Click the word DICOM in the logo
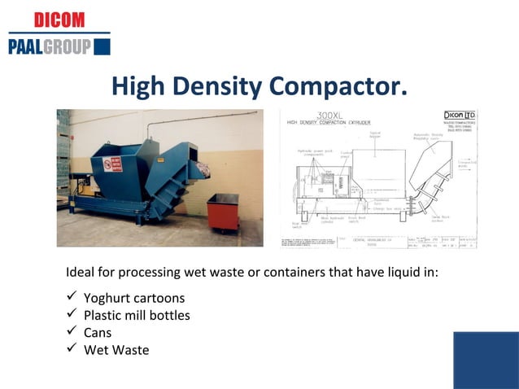coord(59,20)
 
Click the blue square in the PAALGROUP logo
coord(102,46)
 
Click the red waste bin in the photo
coord(222,212)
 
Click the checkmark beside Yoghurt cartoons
coord(71,297)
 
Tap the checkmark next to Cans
coord(71,332)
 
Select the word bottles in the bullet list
coord(169,315)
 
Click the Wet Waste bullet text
coord(116,350)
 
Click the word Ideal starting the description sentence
coord(80,272)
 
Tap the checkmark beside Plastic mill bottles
coord(71,314)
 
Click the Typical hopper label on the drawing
coord(375,134)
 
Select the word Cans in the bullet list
coord(98,332)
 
